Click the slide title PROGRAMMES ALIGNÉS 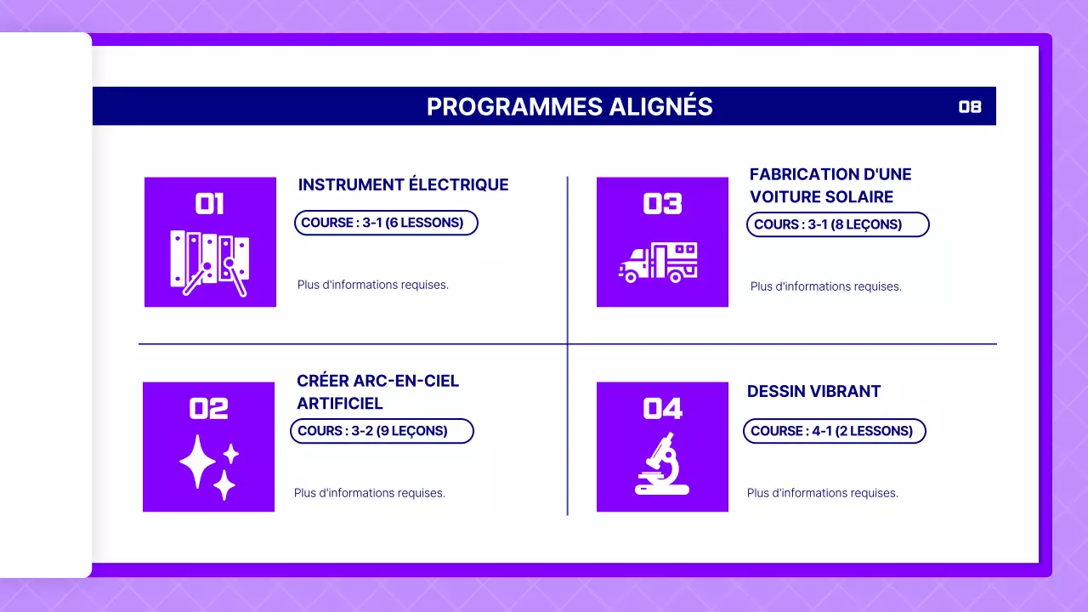pyautogui.click(x=569, y=106)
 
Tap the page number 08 pyautogui.click(x=970, y=106)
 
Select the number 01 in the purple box pyautogui.click(x=210, y=204)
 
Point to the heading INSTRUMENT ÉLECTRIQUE pyautogui.click(x=403, y=184)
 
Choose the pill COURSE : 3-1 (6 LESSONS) pyautogui.click(x=386, y=223)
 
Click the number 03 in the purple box pyautogui.click(x=662, y=204)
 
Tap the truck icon pyautogui.click(x=658, y=262)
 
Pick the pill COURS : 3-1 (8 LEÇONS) pyautogui.click(x=837, y=224)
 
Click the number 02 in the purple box pyautogui.click(x=208, y=409)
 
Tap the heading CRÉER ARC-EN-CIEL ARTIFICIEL pyautogui.click(x=377, y=392)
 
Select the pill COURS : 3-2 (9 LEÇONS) pyautogui.click(x=382, y=431)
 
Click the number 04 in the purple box pyautogui.click(x=662, y=409)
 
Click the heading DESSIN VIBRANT pyautogui.click(x=813, y=391)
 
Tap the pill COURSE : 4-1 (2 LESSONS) pyautogui.click(x=834, y=431)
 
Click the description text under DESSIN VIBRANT pyautogui.click(x=822, y=493)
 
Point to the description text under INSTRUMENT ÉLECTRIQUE pyautogui.click(x=372, y=285)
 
